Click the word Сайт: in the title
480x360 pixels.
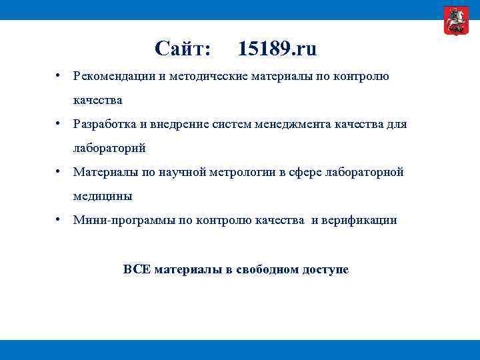[x=183, y=48]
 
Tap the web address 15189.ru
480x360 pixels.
[x=277, y=48]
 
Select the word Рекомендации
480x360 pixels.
[x=115, y=76]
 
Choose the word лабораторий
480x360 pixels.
[x=109, y=148]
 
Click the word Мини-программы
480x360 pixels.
[x=124, y=220]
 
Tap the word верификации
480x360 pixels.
[x=361, y=220]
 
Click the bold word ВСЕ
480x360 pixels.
[x=137, y=270]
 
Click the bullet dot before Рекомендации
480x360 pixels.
[x=59, y=75]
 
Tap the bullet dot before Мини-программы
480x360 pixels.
[x=59, y=219]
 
